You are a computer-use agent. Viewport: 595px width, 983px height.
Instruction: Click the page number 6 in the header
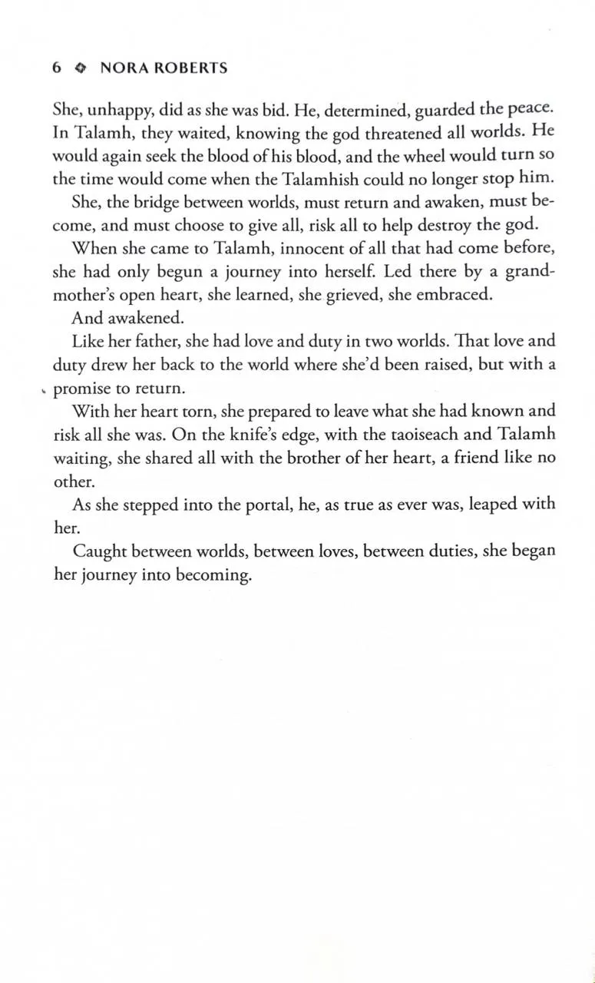pyautogui.click(x=56, y=68)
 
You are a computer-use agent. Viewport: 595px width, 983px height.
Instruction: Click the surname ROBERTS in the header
pyautogui.click(x=189, y=68)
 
